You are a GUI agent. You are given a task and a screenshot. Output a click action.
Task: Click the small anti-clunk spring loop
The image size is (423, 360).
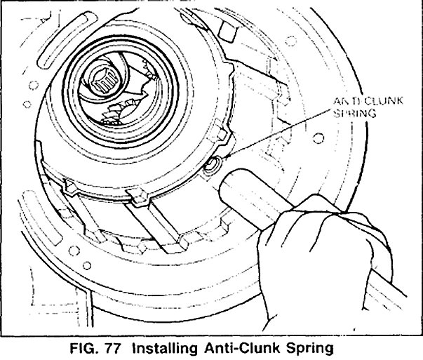213,166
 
